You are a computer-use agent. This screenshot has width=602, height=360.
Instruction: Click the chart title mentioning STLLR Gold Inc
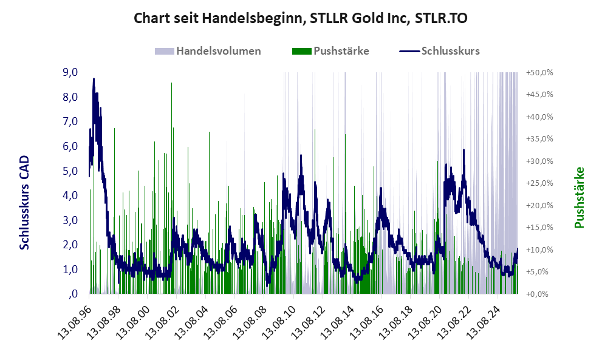[301, 19]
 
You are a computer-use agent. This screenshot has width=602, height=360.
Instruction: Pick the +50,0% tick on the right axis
[539, 72]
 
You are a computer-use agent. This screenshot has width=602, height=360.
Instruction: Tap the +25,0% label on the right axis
[539, 183]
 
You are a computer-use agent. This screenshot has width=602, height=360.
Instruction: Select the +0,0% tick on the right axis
[541, 294]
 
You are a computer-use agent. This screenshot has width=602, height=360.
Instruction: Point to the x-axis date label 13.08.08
[249, 319]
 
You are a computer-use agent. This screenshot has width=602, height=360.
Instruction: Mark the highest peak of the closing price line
[94, 79]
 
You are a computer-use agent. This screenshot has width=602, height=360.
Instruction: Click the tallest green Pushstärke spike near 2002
[172, 83]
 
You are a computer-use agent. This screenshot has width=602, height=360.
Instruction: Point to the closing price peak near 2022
[463, 150]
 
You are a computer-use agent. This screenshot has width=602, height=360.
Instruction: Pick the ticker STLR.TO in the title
[441, 19]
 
